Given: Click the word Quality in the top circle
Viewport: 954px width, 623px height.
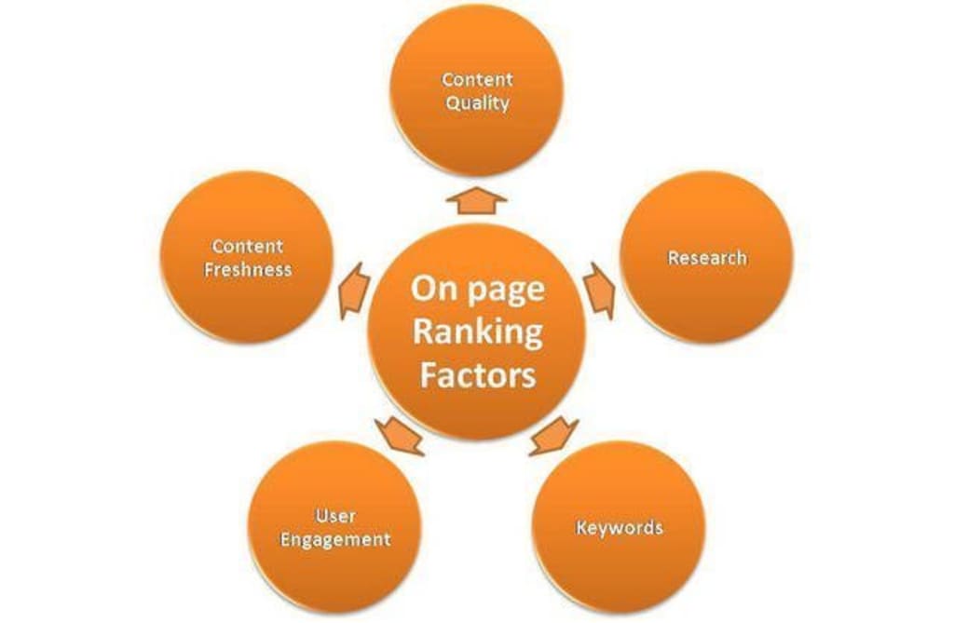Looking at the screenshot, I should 477,103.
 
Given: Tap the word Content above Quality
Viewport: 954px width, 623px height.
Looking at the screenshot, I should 477,80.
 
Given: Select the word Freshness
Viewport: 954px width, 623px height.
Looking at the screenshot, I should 248,270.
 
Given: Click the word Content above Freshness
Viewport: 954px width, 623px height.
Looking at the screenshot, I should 248,247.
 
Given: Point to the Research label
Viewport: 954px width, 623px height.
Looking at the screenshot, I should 707,258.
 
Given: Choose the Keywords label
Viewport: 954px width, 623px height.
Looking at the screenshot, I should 619,528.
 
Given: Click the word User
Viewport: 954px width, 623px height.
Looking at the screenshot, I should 335,516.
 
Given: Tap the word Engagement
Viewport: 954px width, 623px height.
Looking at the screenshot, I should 335,540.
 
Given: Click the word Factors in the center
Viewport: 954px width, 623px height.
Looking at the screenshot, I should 477,375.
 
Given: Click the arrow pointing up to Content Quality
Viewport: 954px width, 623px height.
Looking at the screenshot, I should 476,198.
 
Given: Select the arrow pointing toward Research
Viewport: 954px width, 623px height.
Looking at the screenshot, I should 600,290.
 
